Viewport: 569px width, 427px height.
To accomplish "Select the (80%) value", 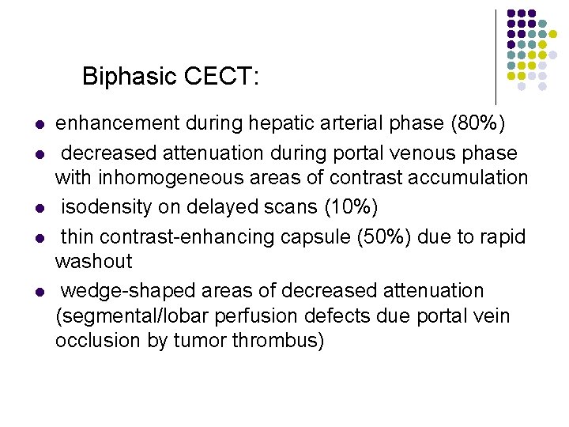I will [x=479, y=123].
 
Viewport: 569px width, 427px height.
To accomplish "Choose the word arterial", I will [x=346, y=123].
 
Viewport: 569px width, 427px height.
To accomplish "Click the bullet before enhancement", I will [x=39, y=125].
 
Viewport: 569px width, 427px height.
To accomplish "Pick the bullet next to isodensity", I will [x=39, y=209].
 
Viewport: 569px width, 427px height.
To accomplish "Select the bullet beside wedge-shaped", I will [x=39, y=293].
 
